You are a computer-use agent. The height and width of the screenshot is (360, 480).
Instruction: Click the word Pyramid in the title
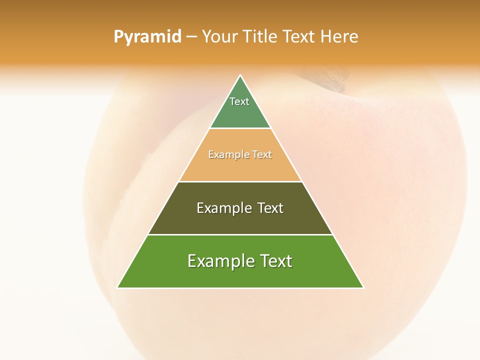147,37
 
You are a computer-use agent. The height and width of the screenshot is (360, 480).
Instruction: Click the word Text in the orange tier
261,155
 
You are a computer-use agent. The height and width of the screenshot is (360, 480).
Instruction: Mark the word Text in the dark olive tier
270,208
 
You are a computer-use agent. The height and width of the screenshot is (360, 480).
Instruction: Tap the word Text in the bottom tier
276,261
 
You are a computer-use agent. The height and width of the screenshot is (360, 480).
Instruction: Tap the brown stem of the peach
330,80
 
